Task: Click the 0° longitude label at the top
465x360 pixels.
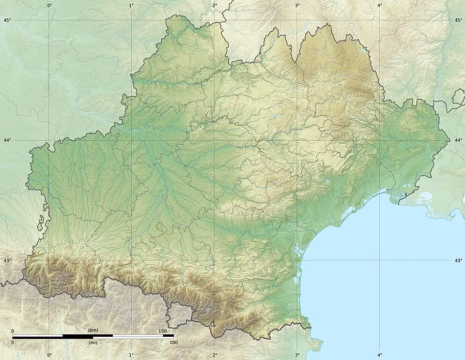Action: point(49,5)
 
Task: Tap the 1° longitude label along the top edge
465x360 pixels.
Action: point(132,5)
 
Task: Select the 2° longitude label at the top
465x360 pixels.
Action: point(215,5)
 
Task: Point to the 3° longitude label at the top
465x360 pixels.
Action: point(297,5)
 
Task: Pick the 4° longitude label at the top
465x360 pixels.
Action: point(380,5)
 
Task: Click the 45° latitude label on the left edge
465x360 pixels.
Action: point(7,20)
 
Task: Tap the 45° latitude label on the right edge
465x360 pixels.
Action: point(458,20)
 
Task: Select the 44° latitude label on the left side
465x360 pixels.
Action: point(7,140)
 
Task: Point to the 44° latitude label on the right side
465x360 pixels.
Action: point(458,140)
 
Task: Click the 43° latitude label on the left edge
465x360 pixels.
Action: point(7,260)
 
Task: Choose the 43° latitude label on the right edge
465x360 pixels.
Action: point(458,260)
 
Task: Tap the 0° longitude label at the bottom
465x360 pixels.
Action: point(49,355)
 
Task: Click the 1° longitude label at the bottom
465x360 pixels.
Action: point(132,355)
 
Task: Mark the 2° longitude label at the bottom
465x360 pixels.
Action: point(215,355)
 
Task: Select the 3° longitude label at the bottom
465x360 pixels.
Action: point(297,355)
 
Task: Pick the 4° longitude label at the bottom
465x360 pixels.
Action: point(380,355)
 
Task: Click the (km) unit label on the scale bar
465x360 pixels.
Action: point(93,330)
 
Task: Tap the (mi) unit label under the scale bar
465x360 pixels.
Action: point(93,343)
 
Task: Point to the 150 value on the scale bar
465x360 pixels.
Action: point(162,331)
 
